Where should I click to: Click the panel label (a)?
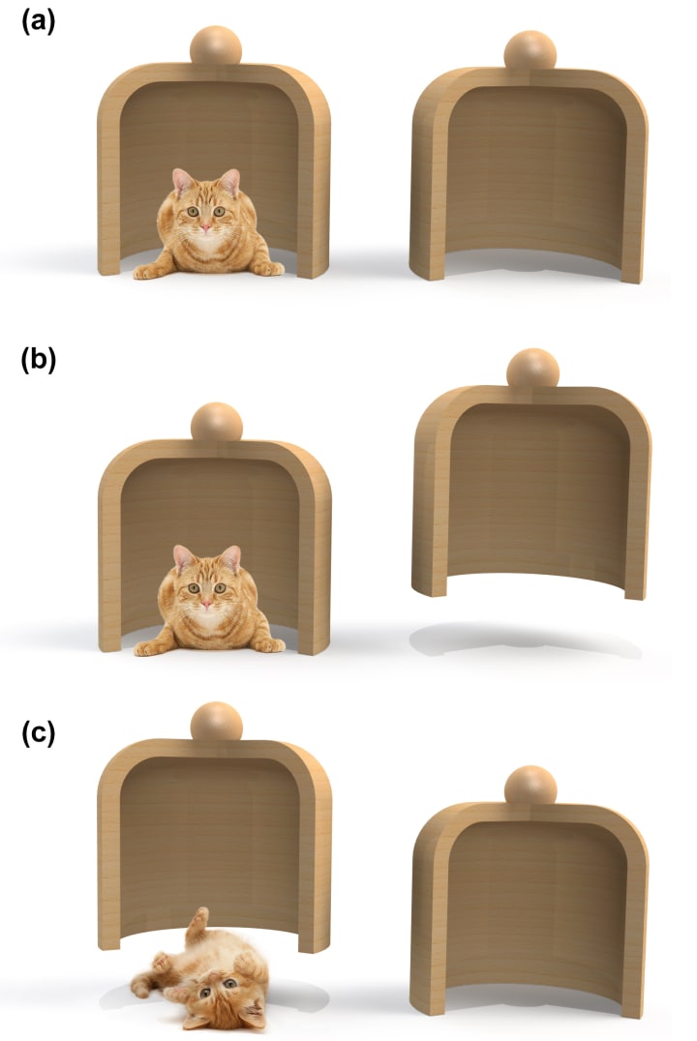tap(38, 22)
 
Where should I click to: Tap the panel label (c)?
tap(38, 733)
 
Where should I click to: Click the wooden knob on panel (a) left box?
tap(215, 45)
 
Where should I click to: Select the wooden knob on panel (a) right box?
tap(530, 50)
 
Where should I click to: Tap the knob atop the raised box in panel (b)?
tap(532, 369)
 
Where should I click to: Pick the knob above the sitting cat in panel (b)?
tap(217, 422)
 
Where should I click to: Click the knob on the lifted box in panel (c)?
tap(217, 722)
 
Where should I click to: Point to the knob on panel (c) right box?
tap(530, 786)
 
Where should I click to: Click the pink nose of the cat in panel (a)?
tap(206, 227)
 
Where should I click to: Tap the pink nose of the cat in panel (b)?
tap(206, 604)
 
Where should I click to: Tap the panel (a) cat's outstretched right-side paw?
tap(268, 268)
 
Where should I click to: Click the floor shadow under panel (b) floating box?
tap(525, 640)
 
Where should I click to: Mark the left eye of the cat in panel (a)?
tap(193, 211)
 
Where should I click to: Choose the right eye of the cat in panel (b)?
tap(220, 587)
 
